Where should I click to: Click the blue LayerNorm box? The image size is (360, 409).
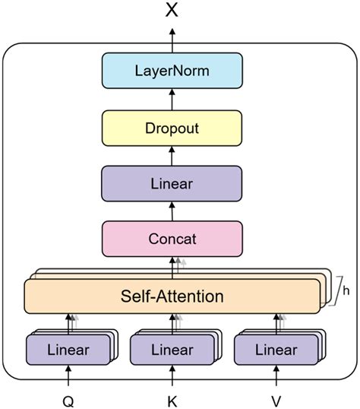tap(172, 71)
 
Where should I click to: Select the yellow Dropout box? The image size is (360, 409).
tap(172, 128)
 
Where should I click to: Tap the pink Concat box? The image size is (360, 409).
tap(172, 239)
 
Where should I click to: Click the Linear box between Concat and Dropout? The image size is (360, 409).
tap(172, 184)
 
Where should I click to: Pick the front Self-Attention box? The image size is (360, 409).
tap(172, 296)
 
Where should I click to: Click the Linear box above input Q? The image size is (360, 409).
tap(68, 350)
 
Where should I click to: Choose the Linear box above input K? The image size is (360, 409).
tap(172, 350)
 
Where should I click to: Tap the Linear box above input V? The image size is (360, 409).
tap(276, 350)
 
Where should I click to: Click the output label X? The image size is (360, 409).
tap(172, 11)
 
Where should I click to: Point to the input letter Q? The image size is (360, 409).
tap(68, 401)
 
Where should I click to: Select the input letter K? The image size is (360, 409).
tap(172, 401)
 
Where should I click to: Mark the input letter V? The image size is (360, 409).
tap(276, 401)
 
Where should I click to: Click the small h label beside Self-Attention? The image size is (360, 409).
tap(346, 290)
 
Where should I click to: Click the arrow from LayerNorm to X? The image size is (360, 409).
tap(172, 40)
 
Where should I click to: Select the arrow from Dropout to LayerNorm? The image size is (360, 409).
tap(172, 100)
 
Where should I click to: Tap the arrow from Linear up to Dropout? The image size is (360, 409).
tap(172, 156)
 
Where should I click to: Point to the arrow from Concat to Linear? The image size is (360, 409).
tap(172, 211)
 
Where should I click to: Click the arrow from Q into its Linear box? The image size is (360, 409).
tap(68, 376)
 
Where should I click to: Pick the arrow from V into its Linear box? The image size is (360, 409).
tap(276, 376)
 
